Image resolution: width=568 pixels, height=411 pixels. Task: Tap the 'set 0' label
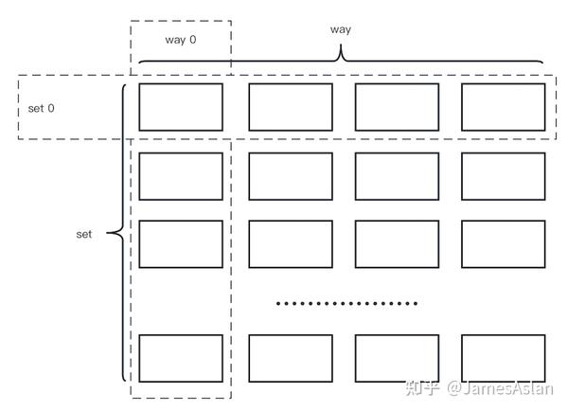pos(41,108)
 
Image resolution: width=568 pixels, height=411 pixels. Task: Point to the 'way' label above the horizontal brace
pos(341,29)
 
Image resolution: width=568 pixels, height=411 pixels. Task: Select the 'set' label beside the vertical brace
pos(84,233)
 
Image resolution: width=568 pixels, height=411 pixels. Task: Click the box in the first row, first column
pos(181,107)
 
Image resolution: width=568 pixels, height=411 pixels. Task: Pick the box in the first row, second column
pos(291,107)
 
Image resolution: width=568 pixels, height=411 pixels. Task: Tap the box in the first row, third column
pos(397,107)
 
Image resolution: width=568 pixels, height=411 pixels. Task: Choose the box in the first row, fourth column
pos(504,107)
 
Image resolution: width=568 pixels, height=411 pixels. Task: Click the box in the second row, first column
pos(181,176)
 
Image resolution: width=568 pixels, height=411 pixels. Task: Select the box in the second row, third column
pos(397,176)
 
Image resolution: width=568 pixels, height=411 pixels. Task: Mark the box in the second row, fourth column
pos(504,176)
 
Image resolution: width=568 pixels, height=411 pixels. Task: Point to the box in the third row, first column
pos(181,244)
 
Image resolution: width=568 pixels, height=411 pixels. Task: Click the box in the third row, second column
pos(291,244)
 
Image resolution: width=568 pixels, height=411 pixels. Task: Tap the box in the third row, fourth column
pos(504,244)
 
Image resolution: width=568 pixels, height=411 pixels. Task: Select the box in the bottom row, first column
pos(181,358)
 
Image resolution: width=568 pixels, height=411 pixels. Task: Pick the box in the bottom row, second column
pos(291,358)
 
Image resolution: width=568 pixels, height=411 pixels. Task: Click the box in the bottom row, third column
pos(397,358)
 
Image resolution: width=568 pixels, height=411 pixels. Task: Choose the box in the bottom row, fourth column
pos(504,358)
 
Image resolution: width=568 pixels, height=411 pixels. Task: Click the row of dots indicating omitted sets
pos(346,304)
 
